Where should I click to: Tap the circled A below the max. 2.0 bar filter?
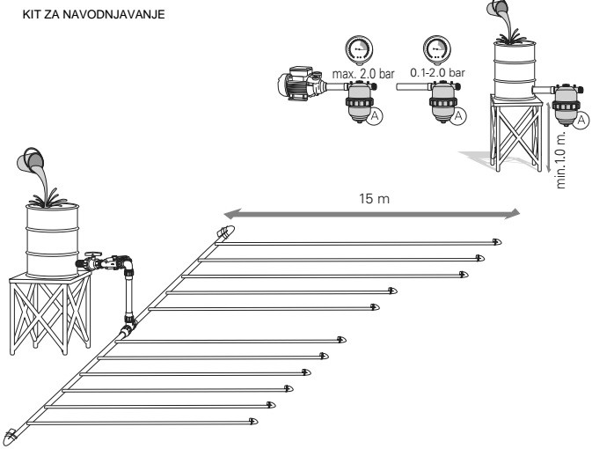[x=375, y=116]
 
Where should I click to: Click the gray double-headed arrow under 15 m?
[x=369, y=212]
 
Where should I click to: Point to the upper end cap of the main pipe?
[x=226, y=233]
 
